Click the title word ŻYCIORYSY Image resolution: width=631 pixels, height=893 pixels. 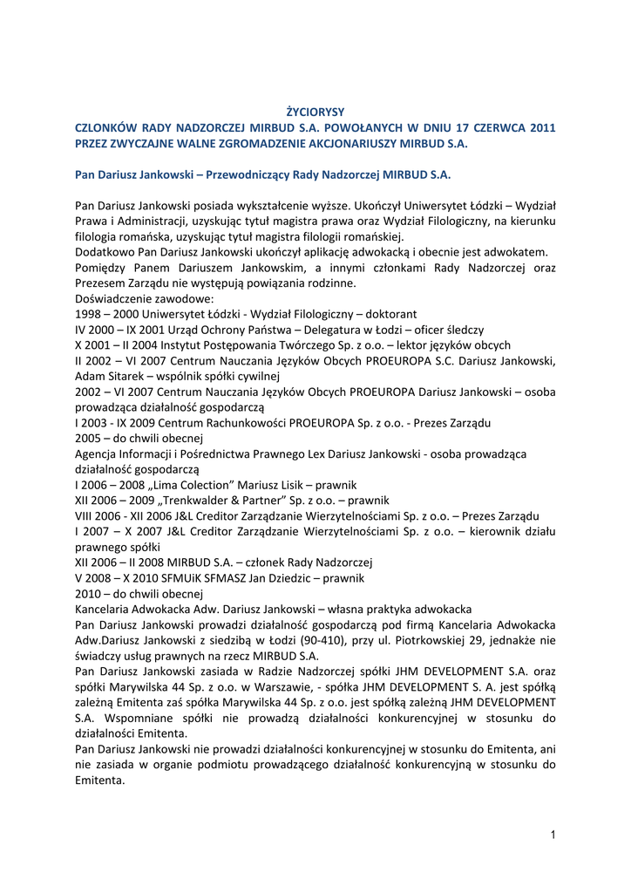[x=315, y=112]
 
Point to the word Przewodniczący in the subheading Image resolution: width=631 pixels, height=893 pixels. [x=250, y=174]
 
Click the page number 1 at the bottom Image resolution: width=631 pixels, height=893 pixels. [x=553, y=835]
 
